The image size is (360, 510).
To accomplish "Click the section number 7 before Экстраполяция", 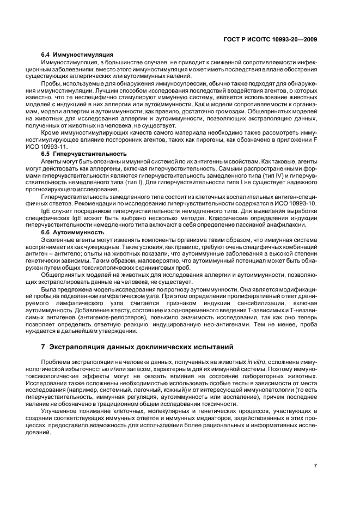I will tap(44, 346).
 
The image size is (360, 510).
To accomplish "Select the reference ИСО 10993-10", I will tap(297, 203).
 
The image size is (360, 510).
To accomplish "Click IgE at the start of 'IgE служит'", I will tap(46, 210).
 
